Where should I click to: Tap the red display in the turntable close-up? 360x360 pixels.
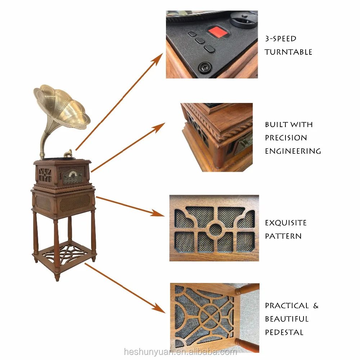tap(219, 32)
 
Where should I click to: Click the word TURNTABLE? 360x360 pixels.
tap(288, 52)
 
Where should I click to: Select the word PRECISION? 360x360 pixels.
tap(286, 138)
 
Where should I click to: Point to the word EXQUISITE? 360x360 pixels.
tap(286, 223)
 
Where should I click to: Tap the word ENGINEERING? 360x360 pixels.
tap(293, 151)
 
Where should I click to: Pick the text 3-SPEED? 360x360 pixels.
tap(280, 39)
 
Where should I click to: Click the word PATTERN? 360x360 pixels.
tap(283, 236)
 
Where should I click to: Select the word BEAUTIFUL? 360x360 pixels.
tap(287, 319)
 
